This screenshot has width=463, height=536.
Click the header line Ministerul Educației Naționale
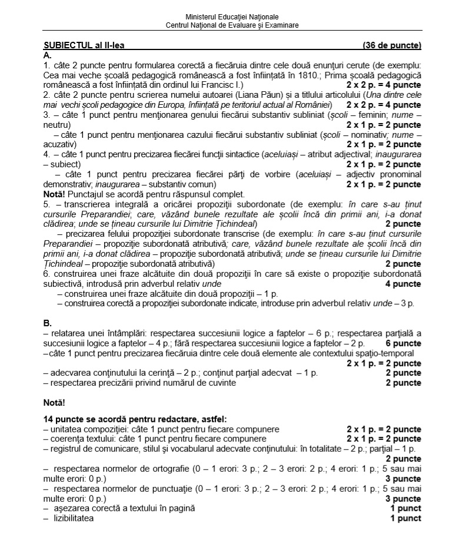[232, 16]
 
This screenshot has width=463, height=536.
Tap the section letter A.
[48, 54]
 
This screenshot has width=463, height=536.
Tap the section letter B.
[48, 323]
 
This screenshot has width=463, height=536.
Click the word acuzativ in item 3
[59, 144]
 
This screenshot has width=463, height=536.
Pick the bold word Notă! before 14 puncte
[55, 403]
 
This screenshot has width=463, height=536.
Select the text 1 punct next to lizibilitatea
[405, 518]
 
